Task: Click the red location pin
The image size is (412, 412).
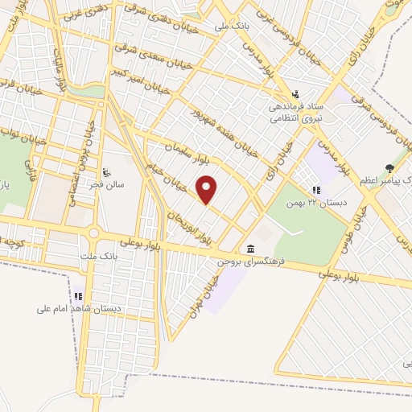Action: (x=208, y=190)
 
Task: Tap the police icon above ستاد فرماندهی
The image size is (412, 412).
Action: (x=296, y=93)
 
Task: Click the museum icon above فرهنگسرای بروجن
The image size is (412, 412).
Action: (x=252, y=248)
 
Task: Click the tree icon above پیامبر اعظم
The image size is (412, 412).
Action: (x=390, y=168)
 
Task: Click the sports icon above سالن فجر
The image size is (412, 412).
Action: (x=106, y=171)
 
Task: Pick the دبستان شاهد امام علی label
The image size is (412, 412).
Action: (x=78, y=308)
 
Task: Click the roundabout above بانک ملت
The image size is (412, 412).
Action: (x=94, y=233)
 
